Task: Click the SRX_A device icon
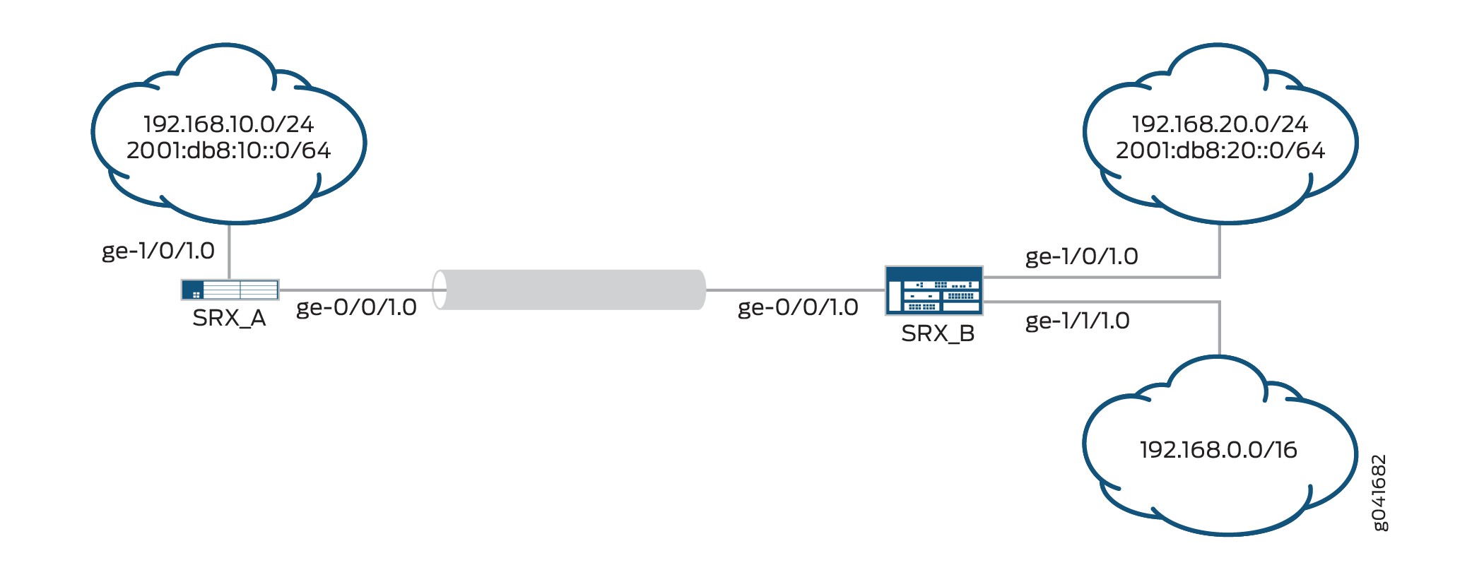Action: click(x=230, y=290)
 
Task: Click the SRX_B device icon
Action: click(x=934, y=290)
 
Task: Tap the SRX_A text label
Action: click(x=229, y=319)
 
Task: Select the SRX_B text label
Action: click(x=938, y=333)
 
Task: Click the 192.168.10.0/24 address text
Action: click(x=228, y=124)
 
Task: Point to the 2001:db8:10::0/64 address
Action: click(x=228, y=150)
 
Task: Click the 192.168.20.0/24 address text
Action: click(x=1220, y=124)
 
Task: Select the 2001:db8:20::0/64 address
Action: click(x=1220, y=150)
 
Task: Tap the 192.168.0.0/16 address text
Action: click(x=1218, y=450)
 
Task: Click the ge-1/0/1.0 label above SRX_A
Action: click(x=158, y=251)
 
